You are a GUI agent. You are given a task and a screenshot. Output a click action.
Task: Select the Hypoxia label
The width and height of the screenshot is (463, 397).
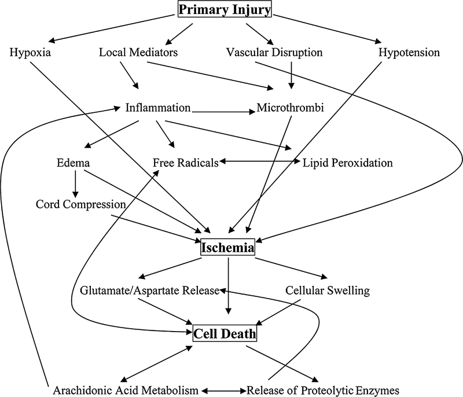tap(31, 53)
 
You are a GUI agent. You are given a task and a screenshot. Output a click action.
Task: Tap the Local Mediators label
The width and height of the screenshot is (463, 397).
tap(138, 53)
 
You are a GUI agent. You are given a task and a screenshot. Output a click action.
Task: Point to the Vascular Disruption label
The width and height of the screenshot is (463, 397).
tap(282, 53)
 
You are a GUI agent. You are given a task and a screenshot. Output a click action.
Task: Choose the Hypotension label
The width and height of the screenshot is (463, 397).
tap(409, 53)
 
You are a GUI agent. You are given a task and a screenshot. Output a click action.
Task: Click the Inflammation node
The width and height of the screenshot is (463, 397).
tap(157, 108)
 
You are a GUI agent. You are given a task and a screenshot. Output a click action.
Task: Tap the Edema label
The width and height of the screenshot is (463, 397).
tap(74, 163)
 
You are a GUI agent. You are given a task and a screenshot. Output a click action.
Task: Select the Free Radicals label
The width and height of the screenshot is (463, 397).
tap(185, 163)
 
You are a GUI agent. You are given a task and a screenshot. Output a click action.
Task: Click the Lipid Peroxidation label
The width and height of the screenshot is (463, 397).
tap(348, 163)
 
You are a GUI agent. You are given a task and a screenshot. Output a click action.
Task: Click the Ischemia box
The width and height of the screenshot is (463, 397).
tap(227, 248)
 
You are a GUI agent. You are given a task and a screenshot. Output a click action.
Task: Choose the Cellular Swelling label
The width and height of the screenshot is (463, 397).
tap(328, 291)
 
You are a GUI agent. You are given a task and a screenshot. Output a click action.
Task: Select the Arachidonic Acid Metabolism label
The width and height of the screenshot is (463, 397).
tap(127, 389)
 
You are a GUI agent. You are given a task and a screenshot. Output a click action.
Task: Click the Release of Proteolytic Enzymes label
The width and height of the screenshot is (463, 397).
tap(323, 389)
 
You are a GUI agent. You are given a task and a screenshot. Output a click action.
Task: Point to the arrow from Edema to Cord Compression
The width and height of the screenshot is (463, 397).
tap(74, 183)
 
